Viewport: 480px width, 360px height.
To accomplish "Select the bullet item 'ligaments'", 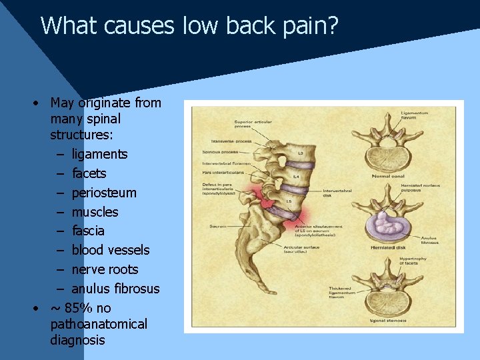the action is click(x=99, y=154).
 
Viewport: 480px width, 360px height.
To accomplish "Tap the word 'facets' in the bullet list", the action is click(x=89, y=173).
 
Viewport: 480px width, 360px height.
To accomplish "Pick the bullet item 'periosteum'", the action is click(x=103, y=193).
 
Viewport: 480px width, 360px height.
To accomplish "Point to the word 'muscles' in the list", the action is click(x=95, y=212).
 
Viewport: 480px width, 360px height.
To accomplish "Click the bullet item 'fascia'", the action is click(x=88, y=231).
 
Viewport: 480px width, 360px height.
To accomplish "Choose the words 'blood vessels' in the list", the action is click(x=110, y=250).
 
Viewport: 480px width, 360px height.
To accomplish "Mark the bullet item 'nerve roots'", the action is click(x=105, y=269).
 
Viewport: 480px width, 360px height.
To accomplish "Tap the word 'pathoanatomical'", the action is click(x=98, y=324).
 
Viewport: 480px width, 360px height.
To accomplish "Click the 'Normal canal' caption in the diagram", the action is click(x=389, y=176).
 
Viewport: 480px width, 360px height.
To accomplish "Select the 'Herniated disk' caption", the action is click(x=389, y=247).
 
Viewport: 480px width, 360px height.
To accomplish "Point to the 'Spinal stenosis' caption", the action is click(x=389, y=321).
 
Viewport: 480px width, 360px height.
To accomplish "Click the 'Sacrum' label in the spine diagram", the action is click(x=218, y=226).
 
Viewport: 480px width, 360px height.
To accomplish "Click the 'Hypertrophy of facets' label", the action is click(x=434, y=260).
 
